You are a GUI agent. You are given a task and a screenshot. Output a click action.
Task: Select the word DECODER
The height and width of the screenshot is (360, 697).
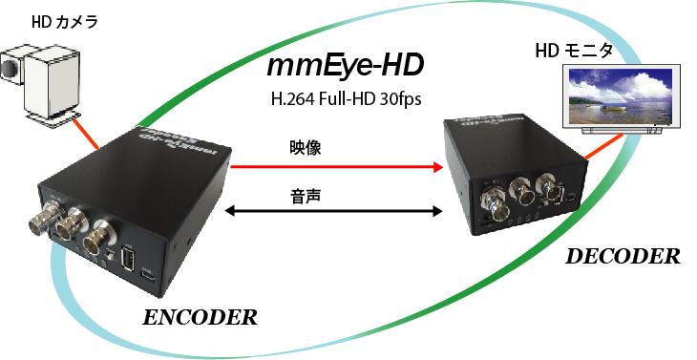tap(623, 256)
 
